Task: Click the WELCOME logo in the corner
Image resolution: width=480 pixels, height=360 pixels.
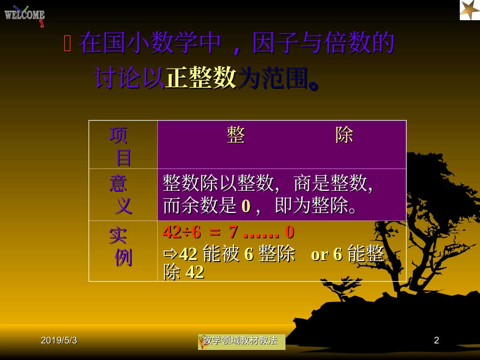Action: [x=25, y=15]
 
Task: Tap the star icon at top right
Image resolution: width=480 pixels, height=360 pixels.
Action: [x=469, y=10]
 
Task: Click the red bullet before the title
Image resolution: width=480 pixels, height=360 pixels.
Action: [x=68, y=44]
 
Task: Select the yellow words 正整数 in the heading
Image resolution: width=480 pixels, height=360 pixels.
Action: [x=201, y=78]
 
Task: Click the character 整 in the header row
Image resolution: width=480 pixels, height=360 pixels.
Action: [x=236, y=135]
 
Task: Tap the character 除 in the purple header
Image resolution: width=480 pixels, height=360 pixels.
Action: [x=345, y=135]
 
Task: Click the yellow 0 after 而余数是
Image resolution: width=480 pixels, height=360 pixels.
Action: [x=246, y=206]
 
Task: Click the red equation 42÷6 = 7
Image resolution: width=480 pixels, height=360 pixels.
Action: [x=200, y=232]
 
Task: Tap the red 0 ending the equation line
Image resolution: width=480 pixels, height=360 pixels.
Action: [x=290, y=232]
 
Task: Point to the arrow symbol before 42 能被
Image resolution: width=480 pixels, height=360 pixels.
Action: [x=169, y=254]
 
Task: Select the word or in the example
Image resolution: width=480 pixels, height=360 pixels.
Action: [x=319, y=254]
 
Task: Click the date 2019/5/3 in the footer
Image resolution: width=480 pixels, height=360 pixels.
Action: [x=59, y=341]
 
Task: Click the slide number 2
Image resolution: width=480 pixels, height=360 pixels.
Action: [x=437, y=341]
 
